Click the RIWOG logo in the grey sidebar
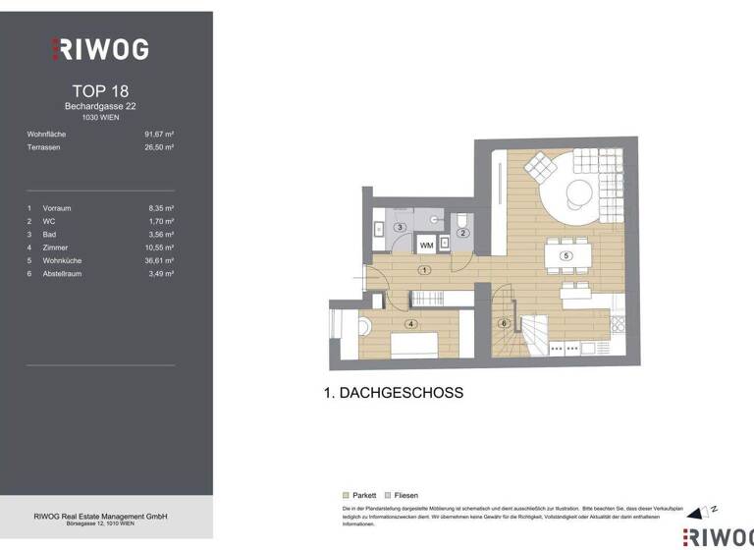point(101,48)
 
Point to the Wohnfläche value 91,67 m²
point(159,134)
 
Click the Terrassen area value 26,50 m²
point(159,146)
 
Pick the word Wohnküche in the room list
point(62,261)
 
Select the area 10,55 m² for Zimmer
point(159,247)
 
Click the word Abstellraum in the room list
point(63,274)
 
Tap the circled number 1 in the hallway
point(423,269)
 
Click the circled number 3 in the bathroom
point(400,228)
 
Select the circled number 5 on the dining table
point(565,255)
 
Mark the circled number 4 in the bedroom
point(410,323)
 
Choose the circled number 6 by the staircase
point(504,323)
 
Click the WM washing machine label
point(427,245)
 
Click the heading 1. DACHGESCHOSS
point(393,393)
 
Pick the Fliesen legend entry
point(403,495)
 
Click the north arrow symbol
point(699,511)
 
